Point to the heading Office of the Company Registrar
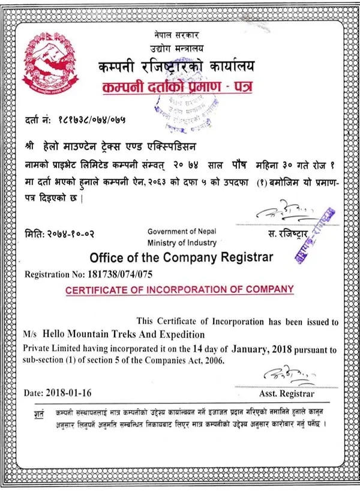pyautogui.click(x=181, y=258)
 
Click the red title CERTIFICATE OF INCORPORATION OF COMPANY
pyautogui.click(x=180, y=290)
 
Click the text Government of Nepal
pyautogui.click(x=181, y=232)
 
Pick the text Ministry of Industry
pyautogui.click(x=181, y=242)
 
